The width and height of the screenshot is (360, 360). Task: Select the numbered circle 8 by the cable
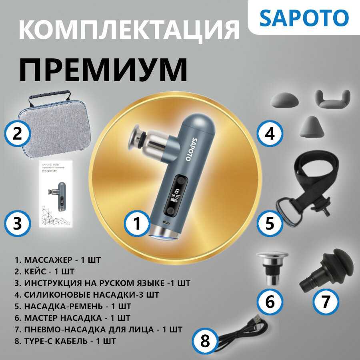(x=205, y=341)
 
